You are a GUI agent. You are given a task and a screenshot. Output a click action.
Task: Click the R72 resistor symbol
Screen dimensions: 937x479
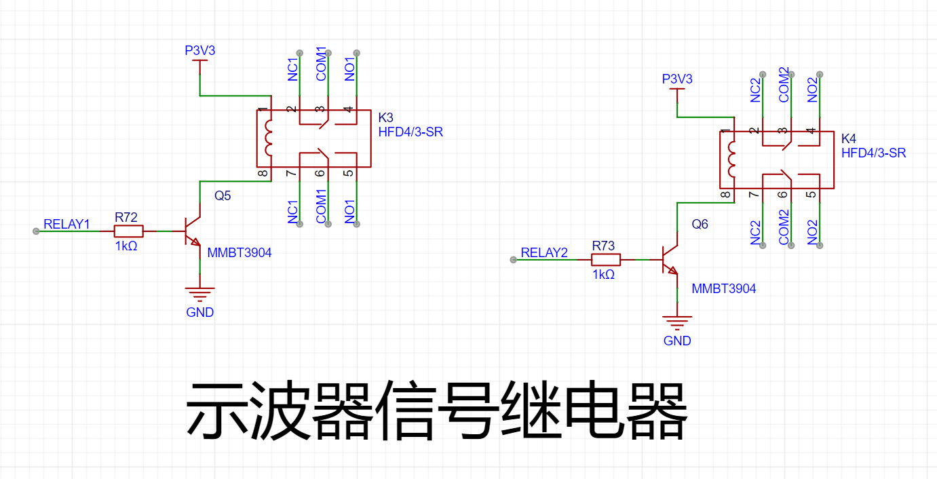(128, 231)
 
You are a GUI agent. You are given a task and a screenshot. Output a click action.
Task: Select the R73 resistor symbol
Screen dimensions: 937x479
(606, 260)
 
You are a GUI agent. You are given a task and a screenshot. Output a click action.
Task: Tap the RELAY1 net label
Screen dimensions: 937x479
(66, 224)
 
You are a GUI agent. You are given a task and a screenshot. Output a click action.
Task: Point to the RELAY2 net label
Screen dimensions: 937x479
(543, 252)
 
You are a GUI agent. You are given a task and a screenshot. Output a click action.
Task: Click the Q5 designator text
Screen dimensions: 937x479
(223, 195)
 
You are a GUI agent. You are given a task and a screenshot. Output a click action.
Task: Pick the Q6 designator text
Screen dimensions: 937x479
(700, 224)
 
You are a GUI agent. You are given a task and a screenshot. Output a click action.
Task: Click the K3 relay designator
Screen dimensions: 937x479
(385, 117)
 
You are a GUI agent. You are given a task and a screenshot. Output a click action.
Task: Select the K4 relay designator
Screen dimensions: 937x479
(849, 138)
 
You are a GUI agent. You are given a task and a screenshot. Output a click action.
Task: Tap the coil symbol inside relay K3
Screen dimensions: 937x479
(268, 138)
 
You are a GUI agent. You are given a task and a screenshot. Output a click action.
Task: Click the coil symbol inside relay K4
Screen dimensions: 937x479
(731, 159)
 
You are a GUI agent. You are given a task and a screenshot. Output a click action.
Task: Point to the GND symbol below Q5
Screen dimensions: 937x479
(200, 294)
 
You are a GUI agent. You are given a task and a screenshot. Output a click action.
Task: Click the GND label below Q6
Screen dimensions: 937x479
(677, 341)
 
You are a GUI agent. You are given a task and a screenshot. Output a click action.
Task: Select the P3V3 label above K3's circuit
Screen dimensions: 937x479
(200, 51)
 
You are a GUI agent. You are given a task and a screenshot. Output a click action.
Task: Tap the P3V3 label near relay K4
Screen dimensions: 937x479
(677, 79)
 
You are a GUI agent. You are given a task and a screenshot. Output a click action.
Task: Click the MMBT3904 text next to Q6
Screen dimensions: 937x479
(724, 288)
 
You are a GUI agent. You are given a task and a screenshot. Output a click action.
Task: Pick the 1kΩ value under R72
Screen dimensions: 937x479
(126, 246)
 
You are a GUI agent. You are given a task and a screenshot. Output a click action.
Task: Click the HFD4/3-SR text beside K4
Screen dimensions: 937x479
(873, 153)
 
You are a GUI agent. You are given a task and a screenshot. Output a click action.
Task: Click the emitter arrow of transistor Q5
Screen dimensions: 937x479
(195, 242)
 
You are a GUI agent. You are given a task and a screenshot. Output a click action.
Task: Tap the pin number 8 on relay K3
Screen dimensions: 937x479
(263, 173)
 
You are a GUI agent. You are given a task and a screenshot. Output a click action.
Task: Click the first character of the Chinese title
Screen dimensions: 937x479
(217, 410)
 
